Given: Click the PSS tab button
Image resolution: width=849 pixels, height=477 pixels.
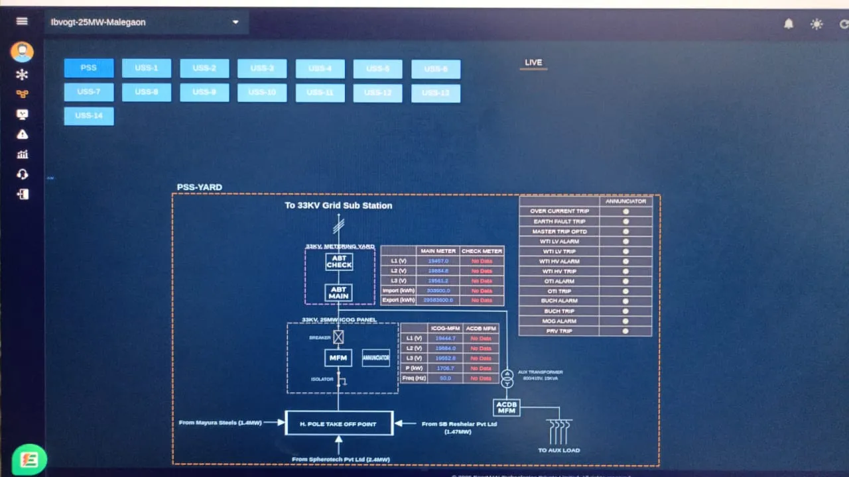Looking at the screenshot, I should [89, 68].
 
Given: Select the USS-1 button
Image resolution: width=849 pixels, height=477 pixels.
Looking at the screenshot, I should [147, 68].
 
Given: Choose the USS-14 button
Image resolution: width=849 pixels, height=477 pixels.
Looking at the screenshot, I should [89, 116].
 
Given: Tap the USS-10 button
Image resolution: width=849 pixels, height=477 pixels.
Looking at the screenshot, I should [262, 93].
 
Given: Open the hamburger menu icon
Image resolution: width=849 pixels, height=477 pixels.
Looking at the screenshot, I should [22, 21].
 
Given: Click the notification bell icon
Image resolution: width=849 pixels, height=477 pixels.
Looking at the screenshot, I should [789, 24].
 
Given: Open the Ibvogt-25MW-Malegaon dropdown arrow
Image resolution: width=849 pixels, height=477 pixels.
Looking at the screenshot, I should [235, 23].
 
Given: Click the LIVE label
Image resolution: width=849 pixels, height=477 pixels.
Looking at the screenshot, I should [533, 63].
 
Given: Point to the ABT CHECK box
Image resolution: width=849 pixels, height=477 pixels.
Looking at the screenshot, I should [339, 262].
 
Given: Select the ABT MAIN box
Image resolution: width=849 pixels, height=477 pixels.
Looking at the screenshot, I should [339, 292].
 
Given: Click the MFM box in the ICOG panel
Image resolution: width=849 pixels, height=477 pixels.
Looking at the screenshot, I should [338, 358].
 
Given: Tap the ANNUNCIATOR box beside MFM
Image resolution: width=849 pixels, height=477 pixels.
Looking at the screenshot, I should [376, 358].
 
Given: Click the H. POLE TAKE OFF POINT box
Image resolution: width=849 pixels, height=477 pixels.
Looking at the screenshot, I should [339, 423].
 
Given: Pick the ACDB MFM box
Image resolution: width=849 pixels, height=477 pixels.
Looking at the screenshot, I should [507, 407].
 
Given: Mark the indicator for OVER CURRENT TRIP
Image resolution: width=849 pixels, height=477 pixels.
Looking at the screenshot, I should [625, 211].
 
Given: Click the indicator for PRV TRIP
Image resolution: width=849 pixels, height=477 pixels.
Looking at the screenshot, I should [625, 331].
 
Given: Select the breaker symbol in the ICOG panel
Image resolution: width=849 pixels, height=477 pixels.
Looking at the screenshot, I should [338, 337].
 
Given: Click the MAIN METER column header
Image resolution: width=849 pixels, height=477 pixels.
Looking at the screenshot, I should [438, 251].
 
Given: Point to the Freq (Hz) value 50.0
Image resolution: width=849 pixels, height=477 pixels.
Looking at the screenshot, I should [444, 378].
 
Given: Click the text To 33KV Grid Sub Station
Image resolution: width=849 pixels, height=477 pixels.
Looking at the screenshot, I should [338, 205].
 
